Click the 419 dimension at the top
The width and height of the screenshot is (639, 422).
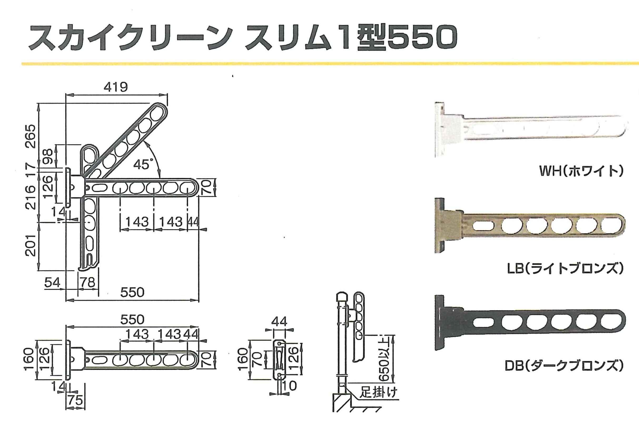click(x=116, y=87)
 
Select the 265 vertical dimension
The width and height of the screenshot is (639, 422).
click(x=31, y=136)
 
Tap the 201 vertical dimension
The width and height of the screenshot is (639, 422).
click(x=31, y=245)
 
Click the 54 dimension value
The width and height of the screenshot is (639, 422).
click(x=52, y=283)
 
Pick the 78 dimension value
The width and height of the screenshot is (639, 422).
click(x=88, y=282)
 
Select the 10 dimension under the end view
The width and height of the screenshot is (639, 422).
click(x=290, y=386)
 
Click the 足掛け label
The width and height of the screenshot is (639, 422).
click(x=378, y=392)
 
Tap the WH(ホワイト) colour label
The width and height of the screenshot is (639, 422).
click(x=581, y=172)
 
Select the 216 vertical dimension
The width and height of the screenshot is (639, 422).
click(x=31, y=197)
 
